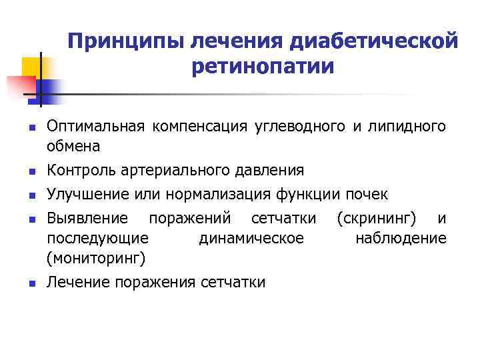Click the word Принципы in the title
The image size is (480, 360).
point(125,41)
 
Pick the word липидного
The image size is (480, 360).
point(414,127)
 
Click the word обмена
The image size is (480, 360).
point(73,145)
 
